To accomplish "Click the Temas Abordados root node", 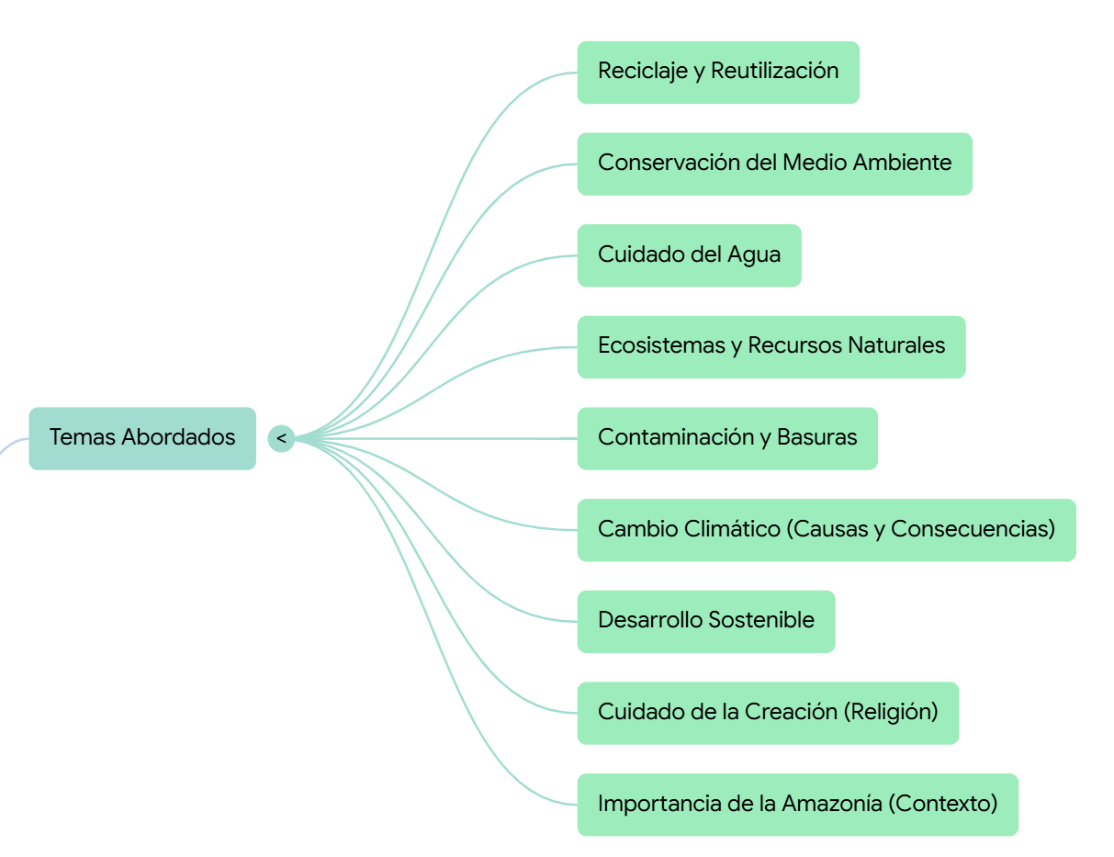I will click(142, 438).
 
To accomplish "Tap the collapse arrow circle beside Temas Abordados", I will click(281, 438).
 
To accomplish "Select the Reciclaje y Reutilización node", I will click(717, 72).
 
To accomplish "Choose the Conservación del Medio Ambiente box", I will click(774, 164).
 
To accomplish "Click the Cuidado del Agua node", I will click(689, 254).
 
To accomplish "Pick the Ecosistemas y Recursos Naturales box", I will click(771, 346).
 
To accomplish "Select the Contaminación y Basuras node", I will click(726, 438).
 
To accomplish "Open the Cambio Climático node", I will click(826, 529).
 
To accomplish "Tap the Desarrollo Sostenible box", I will click(705, 621).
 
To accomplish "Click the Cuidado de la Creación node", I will click(767, 712).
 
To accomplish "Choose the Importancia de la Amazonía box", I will click(797, 804).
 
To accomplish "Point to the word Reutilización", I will click(774, 71).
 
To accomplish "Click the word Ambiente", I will click(902, 163).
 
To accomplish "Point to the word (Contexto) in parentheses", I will click(942, 804).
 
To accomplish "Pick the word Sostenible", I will click(762, 620).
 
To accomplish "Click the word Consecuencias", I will click(970, 529).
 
